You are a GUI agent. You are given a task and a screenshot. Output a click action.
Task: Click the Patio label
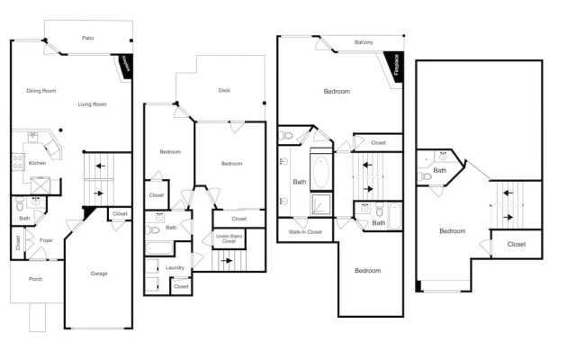pos(88,38)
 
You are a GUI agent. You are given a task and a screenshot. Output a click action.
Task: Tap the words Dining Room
pos(41,91)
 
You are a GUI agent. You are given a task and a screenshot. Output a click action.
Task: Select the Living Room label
pos(92,104)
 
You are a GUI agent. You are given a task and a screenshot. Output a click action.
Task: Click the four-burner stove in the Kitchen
pos(18,162)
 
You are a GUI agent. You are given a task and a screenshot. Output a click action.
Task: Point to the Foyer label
pos(46,240)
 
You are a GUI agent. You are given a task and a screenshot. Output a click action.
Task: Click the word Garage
pos(99,274)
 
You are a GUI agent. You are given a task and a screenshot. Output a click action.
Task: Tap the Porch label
pos(36,279)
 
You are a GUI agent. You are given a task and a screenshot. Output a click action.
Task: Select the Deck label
pos(224,90)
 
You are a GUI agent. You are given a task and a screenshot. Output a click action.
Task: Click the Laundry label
pos(175,267)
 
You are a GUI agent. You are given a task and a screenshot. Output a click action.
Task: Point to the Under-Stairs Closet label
pos(229,238)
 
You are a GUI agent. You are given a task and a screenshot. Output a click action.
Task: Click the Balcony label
pos(364,42)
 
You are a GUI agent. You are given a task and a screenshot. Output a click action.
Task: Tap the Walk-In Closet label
pos(305,232)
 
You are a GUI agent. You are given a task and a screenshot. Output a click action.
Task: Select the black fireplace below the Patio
pos(125,66)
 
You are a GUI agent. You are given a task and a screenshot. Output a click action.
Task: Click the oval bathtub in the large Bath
pos(321,172)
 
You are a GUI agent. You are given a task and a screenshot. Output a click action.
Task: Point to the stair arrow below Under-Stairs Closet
pos(227,260)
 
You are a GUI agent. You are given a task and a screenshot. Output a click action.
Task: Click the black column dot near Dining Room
pos(60,130)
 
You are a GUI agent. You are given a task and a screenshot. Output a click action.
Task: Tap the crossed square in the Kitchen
pos(39,185)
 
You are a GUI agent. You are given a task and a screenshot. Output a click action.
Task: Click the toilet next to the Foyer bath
pos(20,204)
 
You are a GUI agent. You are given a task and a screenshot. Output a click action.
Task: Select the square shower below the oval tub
pos(321,204)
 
